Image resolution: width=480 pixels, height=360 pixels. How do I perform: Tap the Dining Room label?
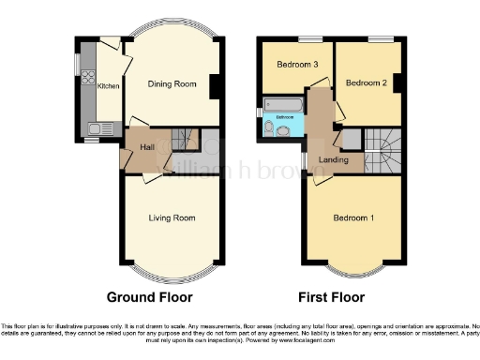(173, 83)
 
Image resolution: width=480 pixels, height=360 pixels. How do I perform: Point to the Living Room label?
(172, 217)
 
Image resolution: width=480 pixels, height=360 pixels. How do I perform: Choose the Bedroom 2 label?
(366, 82)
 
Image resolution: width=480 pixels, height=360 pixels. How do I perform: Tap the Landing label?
(334, 160)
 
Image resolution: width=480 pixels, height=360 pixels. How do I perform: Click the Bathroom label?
(283, 118)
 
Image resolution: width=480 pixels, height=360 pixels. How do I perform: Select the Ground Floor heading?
(150, 297)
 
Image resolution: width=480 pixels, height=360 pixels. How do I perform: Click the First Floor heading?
(332, 297)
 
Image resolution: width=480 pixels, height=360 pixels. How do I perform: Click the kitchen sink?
(95, 128)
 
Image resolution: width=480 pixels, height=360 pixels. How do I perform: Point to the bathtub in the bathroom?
(282, 103)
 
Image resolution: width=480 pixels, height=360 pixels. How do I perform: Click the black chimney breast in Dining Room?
(217, 85)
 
